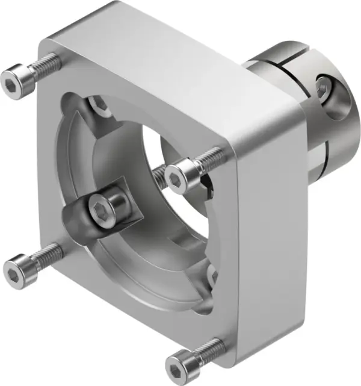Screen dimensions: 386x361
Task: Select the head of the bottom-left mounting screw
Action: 16,264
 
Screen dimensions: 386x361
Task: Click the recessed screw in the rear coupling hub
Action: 323,89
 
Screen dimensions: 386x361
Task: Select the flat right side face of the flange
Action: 271,223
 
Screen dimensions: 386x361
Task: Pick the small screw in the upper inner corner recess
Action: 99,105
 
